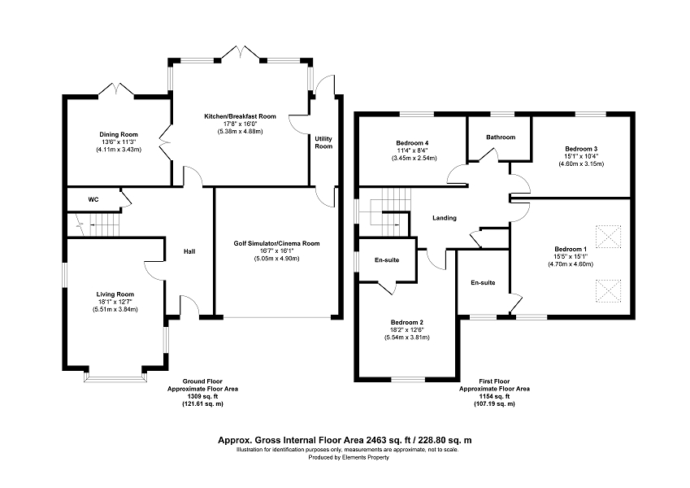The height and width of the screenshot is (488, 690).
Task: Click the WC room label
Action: [93, 199]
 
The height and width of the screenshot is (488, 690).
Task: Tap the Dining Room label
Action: [119, 134]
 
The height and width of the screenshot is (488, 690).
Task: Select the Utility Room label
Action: [323, 142]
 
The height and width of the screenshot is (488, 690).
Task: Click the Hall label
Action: [189, 251]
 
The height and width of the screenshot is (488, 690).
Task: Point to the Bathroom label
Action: [501, 137]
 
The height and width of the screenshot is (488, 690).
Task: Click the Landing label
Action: [445, 218]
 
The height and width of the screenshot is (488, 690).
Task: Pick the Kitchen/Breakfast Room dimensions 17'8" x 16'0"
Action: [240, 124]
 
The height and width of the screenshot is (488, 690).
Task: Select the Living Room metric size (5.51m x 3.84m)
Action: [115, 309]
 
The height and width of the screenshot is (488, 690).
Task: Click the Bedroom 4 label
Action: [412, 142]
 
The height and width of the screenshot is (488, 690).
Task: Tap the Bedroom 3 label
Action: [581, 149]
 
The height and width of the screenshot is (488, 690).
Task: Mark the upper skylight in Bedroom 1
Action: [608, 237]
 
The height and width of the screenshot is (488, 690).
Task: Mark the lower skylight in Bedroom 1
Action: [608, 291]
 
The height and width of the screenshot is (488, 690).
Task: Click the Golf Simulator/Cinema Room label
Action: [277, 243]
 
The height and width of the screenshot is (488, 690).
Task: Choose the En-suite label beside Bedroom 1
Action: [483, 282]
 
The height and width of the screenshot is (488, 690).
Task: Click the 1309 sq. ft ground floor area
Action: [203, 396]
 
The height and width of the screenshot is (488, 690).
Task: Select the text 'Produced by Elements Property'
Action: [349, 457]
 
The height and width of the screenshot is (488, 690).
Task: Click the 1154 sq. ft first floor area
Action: [494, 396]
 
